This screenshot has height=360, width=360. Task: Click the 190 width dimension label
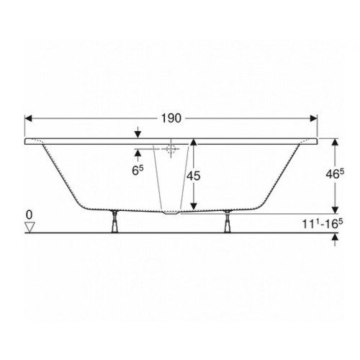click(171, 118)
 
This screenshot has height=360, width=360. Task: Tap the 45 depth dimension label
click(194, 176)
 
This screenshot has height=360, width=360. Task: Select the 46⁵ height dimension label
click(335, 174)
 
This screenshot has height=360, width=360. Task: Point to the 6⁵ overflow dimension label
click(138, 170)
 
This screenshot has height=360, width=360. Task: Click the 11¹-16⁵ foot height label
click(323, 224)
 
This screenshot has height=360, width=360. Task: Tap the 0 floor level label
click(29, 215)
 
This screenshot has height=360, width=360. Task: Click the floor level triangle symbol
click(30, 227)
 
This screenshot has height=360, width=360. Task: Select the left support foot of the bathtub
click(114, 222)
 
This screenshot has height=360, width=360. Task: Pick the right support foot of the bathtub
click(227, 221)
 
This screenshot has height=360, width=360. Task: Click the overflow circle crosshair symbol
click(171, 149)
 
